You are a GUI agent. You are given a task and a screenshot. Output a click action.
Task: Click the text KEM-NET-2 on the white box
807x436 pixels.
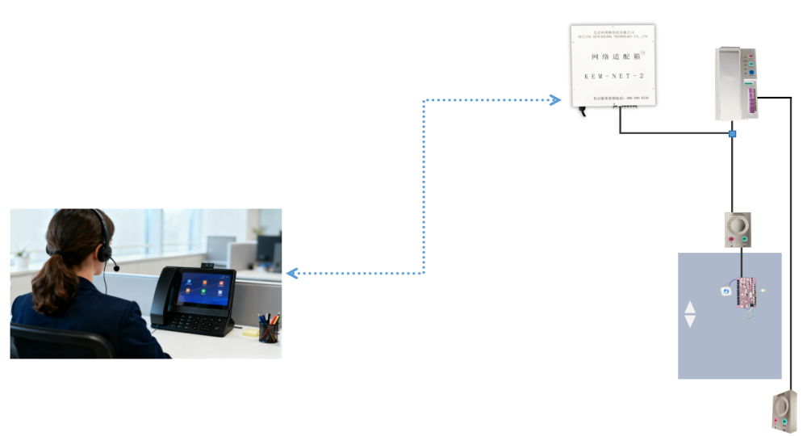[613, 76]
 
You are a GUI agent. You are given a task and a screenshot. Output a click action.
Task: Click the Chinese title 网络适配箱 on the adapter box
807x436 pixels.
[613, 57]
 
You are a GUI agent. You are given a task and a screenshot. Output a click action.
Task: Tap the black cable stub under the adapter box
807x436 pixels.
[582, 111]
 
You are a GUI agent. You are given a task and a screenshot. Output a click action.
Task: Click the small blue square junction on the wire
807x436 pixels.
[733, 133]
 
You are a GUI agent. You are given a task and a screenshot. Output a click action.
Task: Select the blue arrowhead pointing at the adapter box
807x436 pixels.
[555, 100]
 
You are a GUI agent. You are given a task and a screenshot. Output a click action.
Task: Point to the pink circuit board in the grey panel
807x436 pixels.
[746, 292]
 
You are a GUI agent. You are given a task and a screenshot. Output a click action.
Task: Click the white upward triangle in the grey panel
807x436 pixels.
[690, 307]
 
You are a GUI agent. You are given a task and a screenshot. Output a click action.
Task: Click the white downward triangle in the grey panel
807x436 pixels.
[690, 321]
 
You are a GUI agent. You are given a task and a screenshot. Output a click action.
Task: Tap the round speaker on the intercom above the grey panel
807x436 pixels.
[738, 224]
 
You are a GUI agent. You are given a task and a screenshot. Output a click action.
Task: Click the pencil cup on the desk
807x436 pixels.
[269, 331]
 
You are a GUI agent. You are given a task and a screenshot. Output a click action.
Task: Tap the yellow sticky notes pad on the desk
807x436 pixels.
[251, 331]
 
